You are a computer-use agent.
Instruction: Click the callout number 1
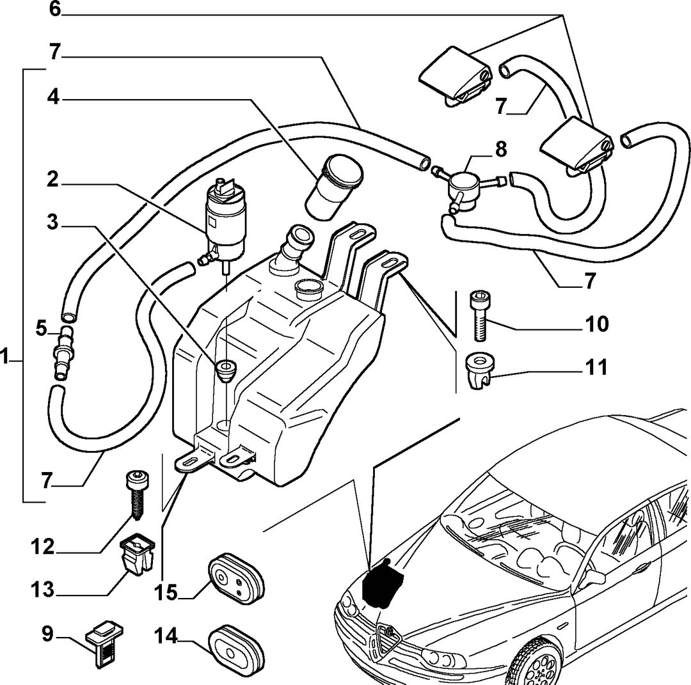pos(4,356)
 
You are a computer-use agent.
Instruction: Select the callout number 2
pos(52,179)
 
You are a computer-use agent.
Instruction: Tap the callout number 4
pos(53,97)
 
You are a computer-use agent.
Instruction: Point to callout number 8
pos(501,150)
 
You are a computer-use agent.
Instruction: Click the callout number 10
pos(598,324)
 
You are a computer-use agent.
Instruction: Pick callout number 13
pos(42,590)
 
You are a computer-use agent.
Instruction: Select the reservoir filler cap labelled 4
pos(334,187)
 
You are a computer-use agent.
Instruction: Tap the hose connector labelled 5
pos(63,353)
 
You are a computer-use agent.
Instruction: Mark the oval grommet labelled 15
pos(236,579)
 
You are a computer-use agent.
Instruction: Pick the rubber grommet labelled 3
pos(226,370)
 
